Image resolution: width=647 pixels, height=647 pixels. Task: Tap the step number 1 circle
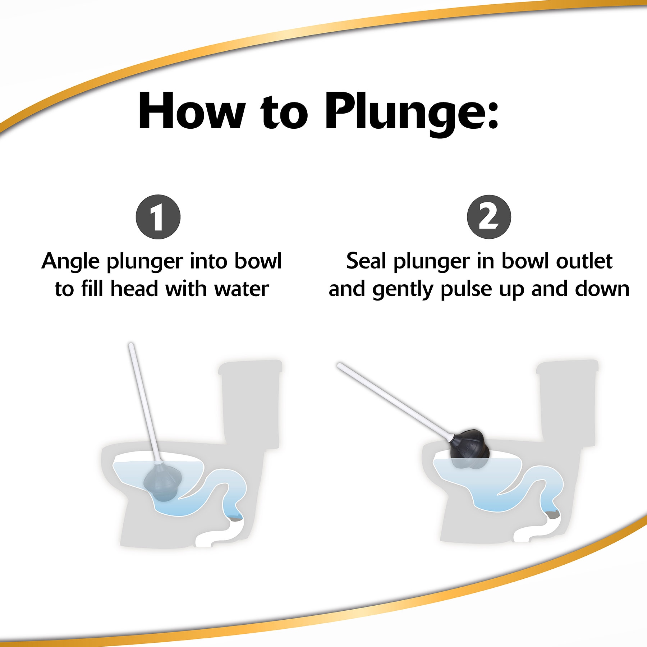[158, 217]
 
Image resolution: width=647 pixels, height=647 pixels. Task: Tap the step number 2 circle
[489, 217]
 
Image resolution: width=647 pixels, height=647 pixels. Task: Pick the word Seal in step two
[367, 261]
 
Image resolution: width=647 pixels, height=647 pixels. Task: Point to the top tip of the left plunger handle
[131, 345]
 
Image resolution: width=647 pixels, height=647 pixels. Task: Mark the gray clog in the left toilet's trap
[235, 519]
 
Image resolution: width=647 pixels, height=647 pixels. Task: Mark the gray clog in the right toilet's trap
[552, 514]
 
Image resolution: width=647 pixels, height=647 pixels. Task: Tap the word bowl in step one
[258, 261]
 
